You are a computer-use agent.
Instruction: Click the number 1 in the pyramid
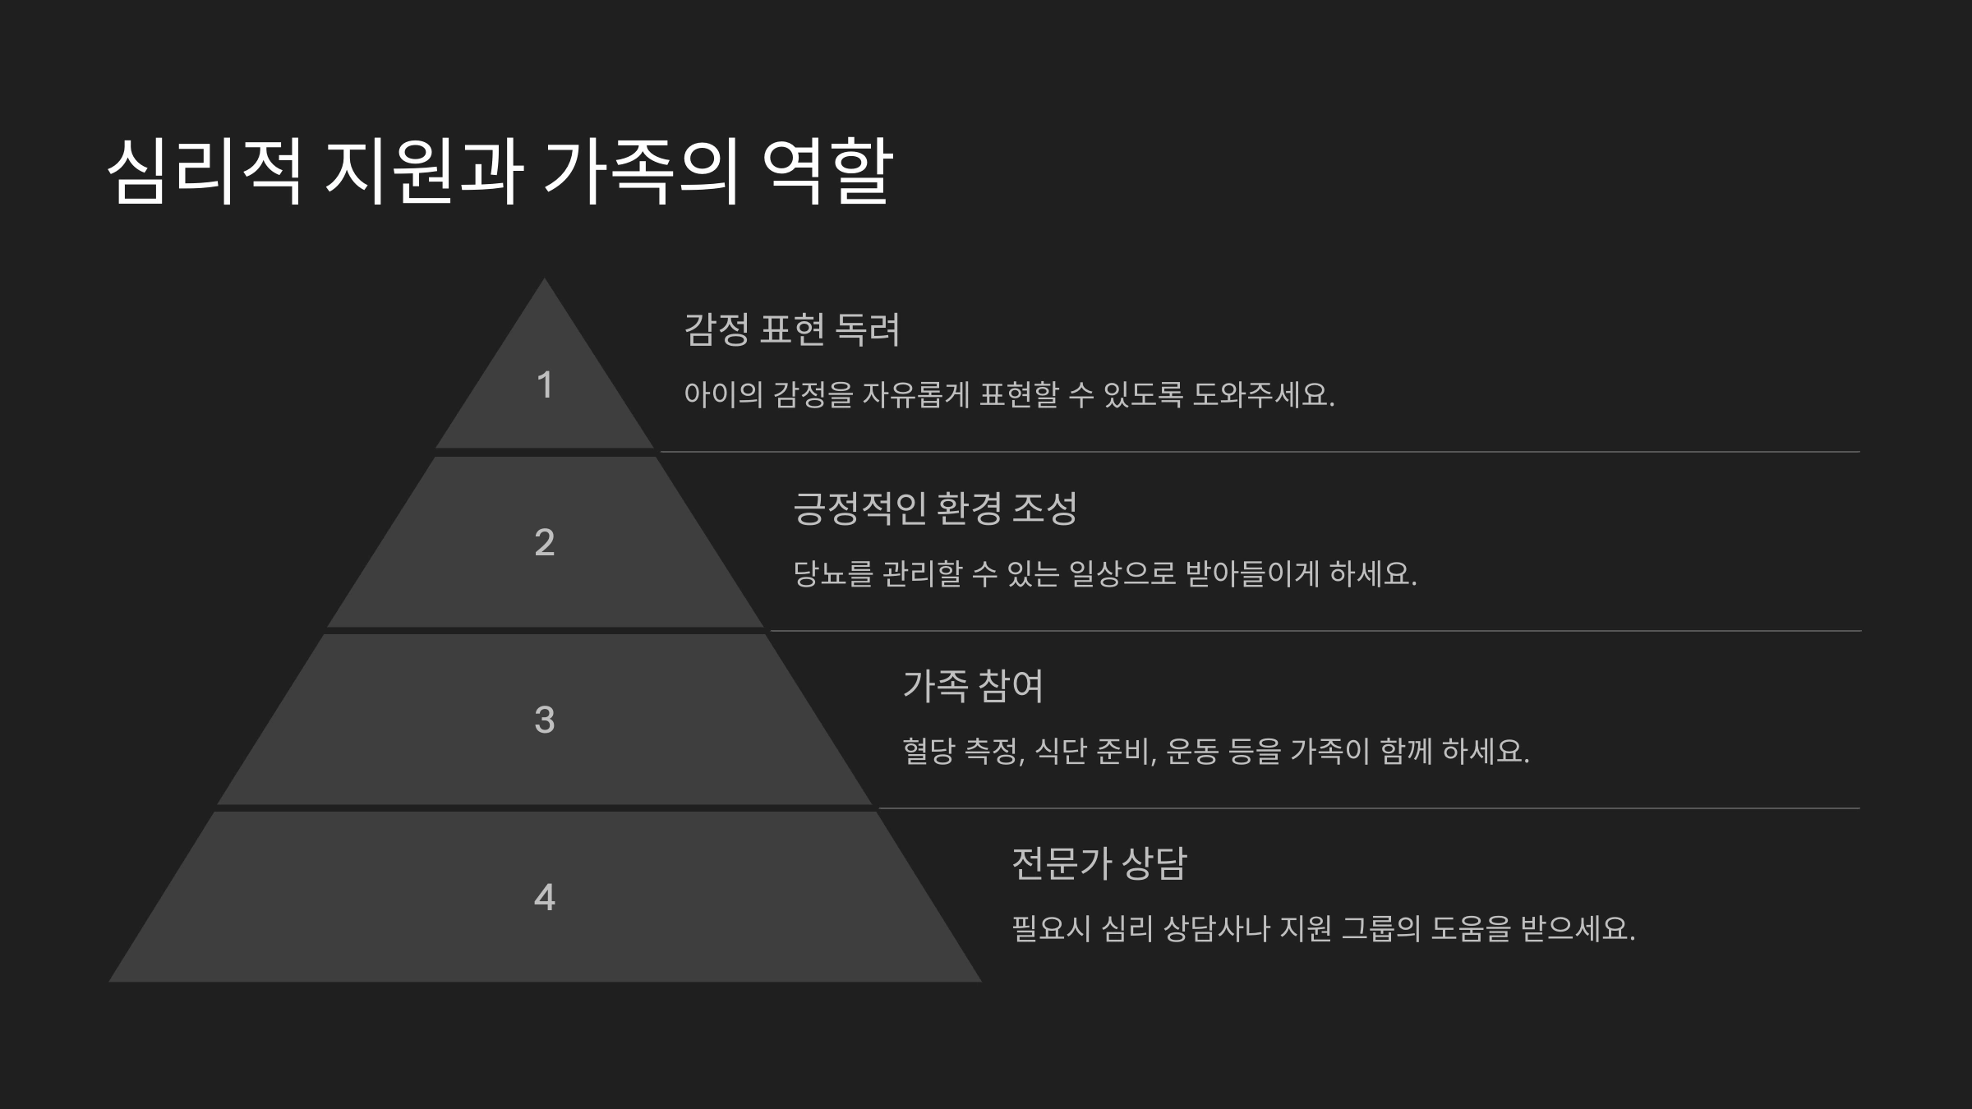(544, 385)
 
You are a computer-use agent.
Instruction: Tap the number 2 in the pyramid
(544, 542)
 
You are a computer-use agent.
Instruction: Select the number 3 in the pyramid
(544, 720)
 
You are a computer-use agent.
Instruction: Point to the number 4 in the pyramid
(544, 897)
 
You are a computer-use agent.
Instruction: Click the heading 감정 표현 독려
(792, 329)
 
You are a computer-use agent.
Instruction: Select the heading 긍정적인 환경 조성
(934, 508)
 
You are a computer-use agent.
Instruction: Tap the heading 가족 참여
(973, 685)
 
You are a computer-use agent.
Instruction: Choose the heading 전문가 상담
(1099, 863)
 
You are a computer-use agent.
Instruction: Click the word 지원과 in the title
(423, 172)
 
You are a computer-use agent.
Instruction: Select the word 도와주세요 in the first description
(1263, 395)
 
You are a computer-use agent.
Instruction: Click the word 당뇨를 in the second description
(832, 573)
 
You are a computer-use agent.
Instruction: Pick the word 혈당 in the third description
(928, 751)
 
